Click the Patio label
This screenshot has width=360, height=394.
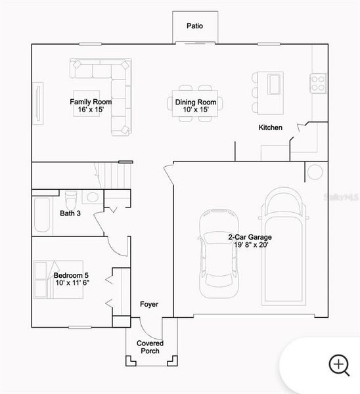point(194,26)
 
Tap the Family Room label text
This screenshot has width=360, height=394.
point(91,102)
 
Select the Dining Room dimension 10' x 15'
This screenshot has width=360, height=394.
point(196,110)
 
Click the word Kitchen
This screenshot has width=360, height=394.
point(270,127)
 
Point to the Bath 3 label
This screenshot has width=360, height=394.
point(70,213)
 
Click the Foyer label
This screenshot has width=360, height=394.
point(149,305)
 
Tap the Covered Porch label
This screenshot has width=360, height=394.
point(150,347)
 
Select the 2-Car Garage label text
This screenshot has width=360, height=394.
point(250,237)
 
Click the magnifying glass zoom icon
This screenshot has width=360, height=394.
point(339,364)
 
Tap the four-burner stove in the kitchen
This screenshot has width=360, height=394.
point(319,82)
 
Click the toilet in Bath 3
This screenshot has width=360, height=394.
point(72,197)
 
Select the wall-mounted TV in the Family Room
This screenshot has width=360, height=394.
point(39,102)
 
